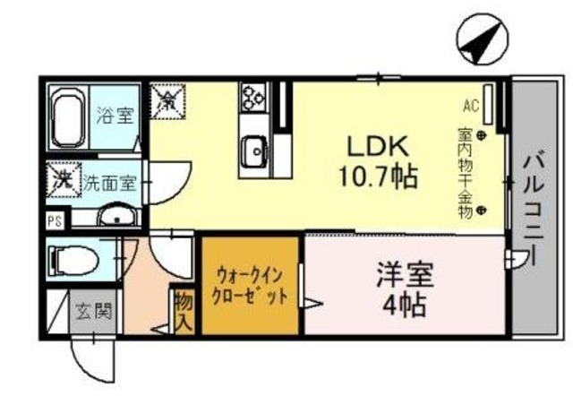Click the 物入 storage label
(183, 308)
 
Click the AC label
(471, 105)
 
